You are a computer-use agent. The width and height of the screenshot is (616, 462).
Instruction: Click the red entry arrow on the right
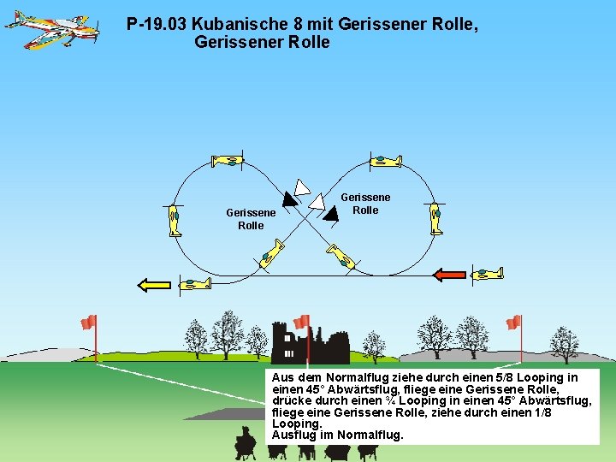click(449, 275)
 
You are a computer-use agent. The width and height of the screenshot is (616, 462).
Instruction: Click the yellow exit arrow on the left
click(155, 285)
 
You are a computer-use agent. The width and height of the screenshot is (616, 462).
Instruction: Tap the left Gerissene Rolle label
click(251, 219)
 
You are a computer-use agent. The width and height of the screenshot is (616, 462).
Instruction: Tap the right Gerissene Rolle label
click(365, 204)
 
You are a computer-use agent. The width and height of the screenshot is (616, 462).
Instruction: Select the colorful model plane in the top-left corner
click(51, 28)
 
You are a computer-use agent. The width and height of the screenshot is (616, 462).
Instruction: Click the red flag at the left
click(88, 322)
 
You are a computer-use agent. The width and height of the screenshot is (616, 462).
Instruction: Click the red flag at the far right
click(513, 322)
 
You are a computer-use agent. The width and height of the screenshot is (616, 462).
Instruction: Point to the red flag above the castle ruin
click(301, 322)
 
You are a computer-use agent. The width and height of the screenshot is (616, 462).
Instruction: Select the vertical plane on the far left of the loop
click(175, 219)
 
